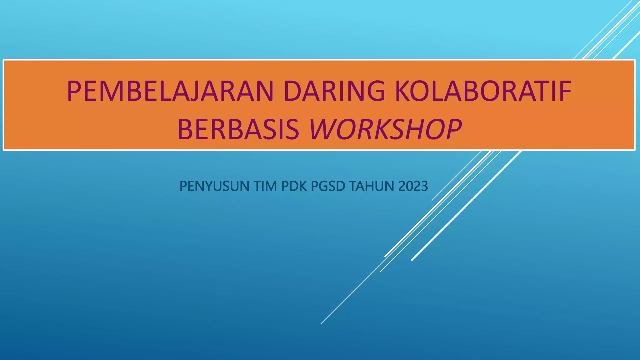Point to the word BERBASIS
tap(238, 129)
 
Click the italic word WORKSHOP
tap(385, 129)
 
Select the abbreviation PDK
tap(294, 186)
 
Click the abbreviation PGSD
tap(328, 186)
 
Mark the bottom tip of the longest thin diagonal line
tap(321, 324)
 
